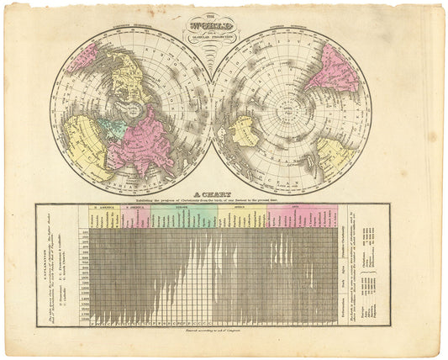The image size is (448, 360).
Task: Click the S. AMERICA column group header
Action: [x=134, y=206]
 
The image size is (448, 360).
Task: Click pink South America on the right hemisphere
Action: [x=331, y=71]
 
